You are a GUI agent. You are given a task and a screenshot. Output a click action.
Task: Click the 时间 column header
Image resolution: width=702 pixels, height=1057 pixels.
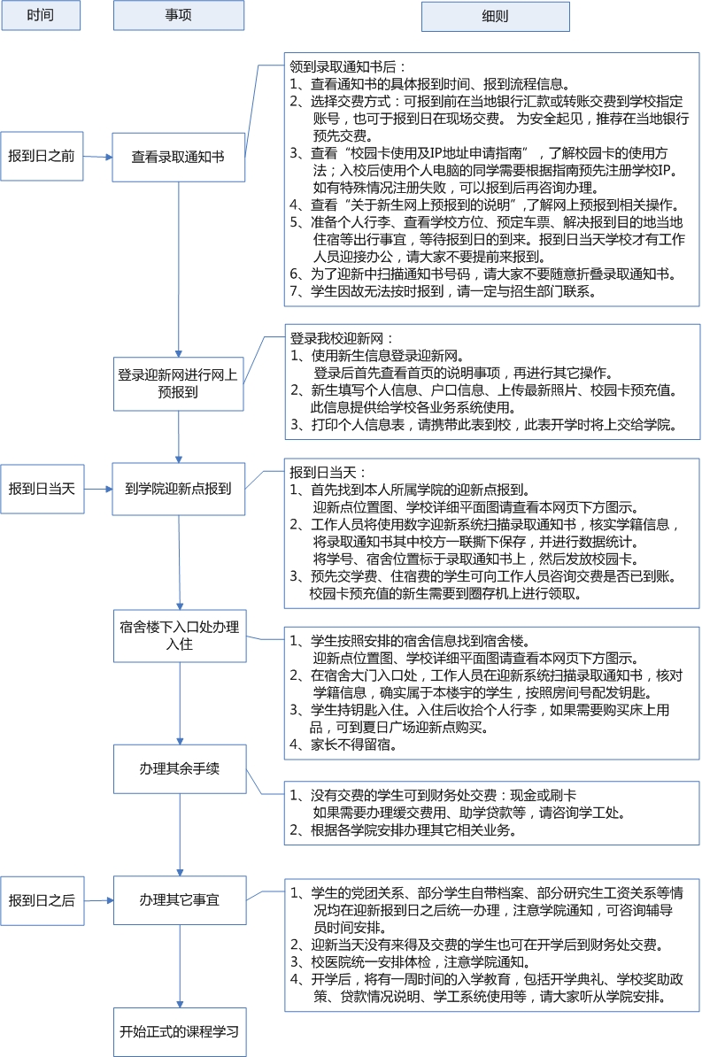click(40, 16)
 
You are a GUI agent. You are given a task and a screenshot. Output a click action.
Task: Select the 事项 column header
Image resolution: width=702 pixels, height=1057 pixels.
click(179, 16)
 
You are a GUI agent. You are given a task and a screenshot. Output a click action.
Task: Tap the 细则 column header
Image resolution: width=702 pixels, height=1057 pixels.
click(495, 16)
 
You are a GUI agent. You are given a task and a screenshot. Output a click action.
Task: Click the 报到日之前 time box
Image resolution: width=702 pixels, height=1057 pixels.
click(41, 156)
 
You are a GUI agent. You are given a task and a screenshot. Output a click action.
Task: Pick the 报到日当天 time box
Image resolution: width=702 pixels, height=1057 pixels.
click(41, 488)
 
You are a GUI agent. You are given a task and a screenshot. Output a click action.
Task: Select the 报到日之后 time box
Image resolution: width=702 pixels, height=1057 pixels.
click(41, 900)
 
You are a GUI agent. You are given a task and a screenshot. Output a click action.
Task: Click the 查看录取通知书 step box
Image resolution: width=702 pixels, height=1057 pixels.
click(178, 157)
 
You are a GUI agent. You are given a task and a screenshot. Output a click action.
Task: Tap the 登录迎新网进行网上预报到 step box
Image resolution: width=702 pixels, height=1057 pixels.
click(178, 383)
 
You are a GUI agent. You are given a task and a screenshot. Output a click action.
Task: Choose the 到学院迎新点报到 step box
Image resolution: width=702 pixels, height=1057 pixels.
click(178, 487)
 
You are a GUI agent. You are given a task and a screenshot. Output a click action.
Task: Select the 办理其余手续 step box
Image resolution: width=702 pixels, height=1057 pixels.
click(179, 768)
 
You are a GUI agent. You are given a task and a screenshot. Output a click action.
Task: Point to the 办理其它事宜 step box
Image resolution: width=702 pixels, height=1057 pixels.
click(179, 899)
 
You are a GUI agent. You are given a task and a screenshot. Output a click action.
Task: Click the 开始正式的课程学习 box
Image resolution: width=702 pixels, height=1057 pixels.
click(179, 1031)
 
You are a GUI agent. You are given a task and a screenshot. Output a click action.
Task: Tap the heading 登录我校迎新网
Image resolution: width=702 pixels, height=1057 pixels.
click(342, 338)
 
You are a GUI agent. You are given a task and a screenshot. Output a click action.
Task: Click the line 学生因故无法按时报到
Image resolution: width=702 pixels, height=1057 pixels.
click(447, 291)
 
